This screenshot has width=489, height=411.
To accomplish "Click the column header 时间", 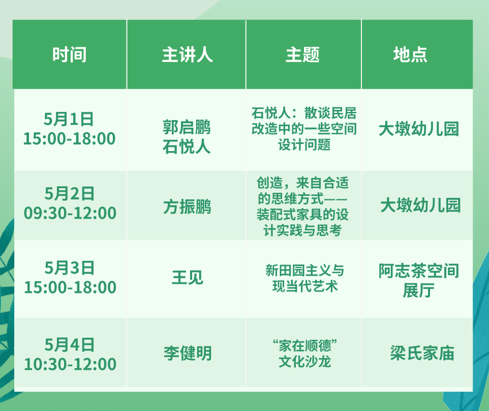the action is (69, 54).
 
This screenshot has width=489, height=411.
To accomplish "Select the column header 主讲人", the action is (187, 54).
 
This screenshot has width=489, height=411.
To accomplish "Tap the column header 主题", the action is (302, 54).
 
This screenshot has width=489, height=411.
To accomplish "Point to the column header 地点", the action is (410, 54).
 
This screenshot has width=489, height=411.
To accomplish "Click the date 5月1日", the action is (69, 119).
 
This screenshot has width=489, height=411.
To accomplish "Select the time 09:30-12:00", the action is (70, 213).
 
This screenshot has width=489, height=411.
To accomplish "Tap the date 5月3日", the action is (70, 268).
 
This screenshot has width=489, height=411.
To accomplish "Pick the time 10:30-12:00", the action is (70, 364).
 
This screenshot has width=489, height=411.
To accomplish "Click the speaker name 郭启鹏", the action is (187, 127).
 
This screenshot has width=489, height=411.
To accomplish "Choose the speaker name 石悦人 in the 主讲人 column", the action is (187, 146).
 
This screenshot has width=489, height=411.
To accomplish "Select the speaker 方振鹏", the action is (187, 207).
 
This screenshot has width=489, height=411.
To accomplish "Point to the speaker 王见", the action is (188, 277).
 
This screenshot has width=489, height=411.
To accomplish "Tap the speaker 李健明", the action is (188, 353).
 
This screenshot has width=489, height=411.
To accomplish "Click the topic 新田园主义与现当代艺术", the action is (304, 278).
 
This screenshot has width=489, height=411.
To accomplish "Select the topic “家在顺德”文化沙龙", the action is (304, 354).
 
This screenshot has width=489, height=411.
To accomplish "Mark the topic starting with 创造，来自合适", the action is (302, 207).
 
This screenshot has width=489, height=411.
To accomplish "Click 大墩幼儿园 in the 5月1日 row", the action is (419, 129).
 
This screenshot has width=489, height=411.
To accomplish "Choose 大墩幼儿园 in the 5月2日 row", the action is (420, 205).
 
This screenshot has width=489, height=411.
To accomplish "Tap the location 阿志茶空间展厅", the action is (419, 280).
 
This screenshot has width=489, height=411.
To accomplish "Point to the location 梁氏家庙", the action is (422, 353).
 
